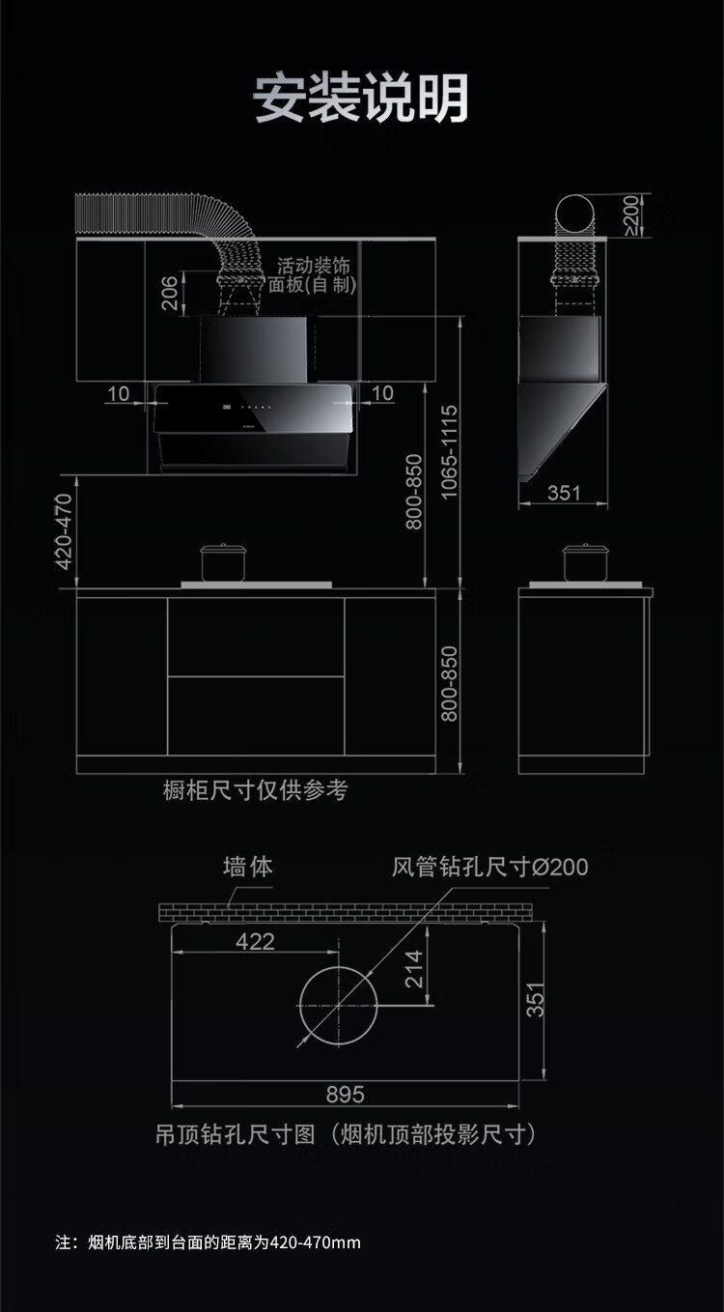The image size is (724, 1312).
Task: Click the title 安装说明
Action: point(361,98)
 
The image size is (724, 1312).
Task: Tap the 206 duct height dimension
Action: point(170,294)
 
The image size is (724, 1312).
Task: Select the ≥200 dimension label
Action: point(631,214)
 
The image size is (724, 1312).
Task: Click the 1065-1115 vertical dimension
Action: point(449,451)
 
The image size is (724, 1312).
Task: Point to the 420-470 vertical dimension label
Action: point(65,530)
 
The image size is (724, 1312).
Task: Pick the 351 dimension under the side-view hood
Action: point(564,493)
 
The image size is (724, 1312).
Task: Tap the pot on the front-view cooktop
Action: point(225,562)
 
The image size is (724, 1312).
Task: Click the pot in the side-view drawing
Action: point(586,562)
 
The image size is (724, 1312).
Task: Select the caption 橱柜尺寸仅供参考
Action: point(256,790)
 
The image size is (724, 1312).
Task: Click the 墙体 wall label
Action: point(248,867)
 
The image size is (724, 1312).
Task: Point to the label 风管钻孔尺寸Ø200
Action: point(489,867)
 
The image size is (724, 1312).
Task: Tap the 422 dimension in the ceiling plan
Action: point(255,941)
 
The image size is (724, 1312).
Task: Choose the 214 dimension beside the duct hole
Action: point(414,969)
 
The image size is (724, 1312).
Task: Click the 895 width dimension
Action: point(345,1094)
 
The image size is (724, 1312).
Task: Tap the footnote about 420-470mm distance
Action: point(208,1241)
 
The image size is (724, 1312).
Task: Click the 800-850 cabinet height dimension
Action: point(449,683)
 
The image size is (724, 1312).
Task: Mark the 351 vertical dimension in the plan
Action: point(536,999)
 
